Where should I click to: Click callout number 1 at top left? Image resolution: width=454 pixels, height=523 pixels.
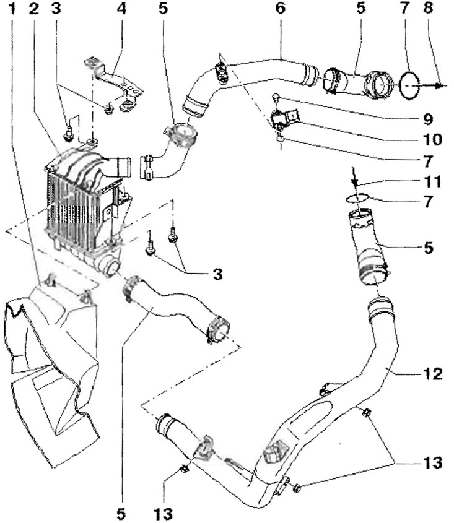[x=12, y=9]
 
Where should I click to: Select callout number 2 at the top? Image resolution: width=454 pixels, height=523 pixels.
[x=33, y=9]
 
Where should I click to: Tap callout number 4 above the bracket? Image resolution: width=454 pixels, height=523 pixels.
[x=121, y=9]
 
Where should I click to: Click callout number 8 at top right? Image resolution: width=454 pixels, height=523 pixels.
[x=428, y=8]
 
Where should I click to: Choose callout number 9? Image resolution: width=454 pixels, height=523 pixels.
[x=427, y=119]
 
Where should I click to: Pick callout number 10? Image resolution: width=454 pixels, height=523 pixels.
[x=432, y=139]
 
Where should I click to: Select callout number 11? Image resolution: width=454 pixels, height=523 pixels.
[x=433, y=182]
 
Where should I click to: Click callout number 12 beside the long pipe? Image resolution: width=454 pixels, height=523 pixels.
[x=433, y=374]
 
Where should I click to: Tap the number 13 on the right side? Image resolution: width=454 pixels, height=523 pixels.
[x=433, y=463]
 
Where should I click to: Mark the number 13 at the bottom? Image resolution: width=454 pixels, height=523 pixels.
[x=164, y=514]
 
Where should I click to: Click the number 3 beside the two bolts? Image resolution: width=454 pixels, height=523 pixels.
[x=217, y=275]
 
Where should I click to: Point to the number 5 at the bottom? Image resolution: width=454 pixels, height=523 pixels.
[x=121, y=514]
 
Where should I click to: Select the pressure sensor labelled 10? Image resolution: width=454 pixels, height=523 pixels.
[x=284, y=118]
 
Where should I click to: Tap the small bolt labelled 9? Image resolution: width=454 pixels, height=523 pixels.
[x=276, y=98]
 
